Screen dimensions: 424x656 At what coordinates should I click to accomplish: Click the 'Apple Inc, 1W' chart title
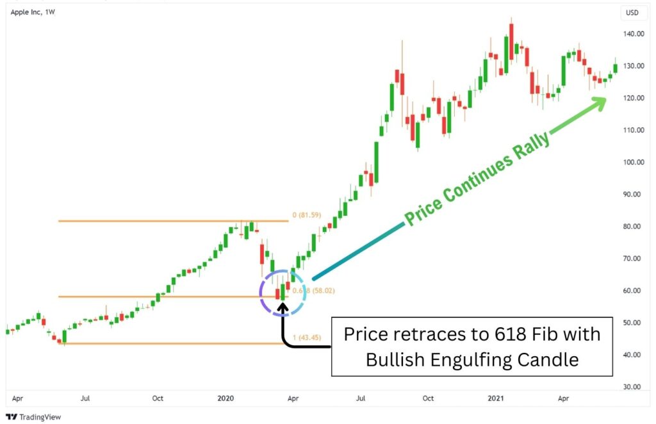click(x=33, y=12)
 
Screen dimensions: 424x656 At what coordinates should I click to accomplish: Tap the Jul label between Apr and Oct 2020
click(x=361, y=398)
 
